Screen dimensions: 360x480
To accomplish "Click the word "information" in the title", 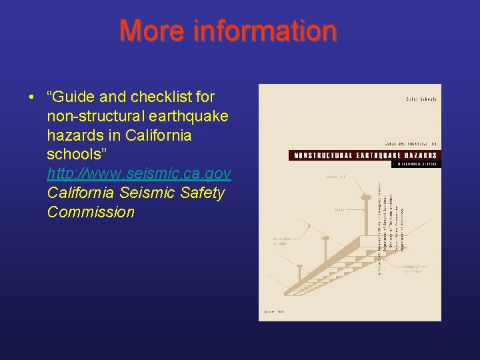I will (265, 31).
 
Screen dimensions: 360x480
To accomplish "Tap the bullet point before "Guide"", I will (31, 97).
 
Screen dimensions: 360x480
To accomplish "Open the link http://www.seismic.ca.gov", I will (139, 174).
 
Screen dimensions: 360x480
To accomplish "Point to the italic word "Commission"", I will (91, 213).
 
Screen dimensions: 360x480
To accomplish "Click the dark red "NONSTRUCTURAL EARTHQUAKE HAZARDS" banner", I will (364, 155).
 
